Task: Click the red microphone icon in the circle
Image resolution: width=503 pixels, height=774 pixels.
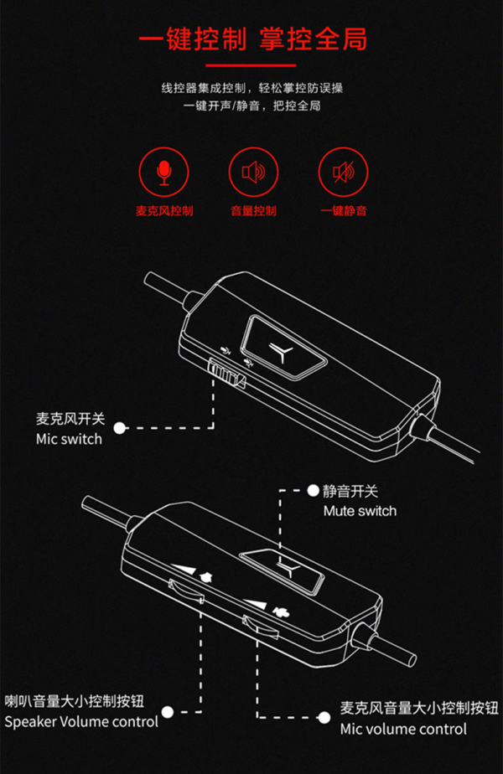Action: [164, 172]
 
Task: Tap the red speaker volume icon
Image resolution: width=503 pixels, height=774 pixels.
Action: [253, 172]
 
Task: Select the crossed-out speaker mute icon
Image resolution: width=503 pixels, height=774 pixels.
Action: [343, 172]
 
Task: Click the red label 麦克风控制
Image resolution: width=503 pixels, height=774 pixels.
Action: [164, 211]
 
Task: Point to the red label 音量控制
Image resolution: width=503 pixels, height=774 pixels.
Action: [253, 211]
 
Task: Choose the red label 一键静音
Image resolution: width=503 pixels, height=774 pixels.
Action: [344, 211]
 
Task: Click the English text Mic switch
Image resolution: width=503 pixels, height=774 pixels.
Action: [70, 439]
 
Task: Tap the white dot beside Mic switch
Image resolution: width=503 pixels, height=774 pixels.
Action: [120, 428]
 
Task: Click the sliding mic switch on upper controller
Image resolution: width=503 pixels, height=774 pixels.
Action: [226, 373]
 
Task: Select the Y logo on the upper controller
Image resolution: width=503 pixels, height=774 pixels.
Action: [283, 352]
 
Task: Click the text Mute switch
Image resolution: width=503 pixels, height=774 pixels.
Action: [360, 511]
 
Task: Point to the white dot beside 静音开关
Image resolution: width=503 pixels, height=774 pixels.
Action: [313, 490]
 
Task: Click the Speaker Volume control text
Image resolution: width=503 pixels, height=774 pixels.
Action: [81, 722]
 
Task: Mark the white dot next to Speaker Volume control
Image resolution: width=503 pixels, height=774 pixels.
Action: [168, 712]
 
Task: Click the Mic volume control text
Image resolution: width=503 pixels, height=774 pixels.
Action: [403, 729]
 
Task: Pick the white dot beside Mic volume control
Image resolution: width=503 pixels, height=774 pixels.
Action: [324, 717]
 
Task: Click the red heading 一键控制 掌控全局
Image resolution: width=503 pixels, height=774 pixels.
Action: [252, 39]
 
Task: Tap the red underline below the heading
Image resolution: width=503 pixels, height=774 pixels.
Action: [251, 64]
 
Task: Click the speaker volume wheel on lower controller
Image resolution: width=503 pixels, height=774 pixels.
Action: [186, 591]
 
